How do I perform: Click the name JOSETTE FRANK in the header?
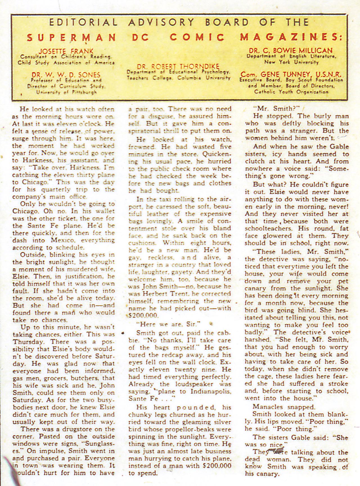[66, 51]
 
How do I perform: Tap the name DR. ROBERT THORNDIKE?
[178, 67]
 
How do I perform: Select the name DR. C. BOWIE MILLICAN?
[291, 51]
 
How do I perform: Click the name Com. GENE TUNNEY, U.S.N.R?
[291, 75]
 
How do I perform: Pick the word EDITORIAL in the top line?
[83, 22]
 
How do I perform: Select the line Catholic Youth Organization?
[291, 92]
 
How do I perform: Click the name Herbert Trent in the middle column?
[154, 294]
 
